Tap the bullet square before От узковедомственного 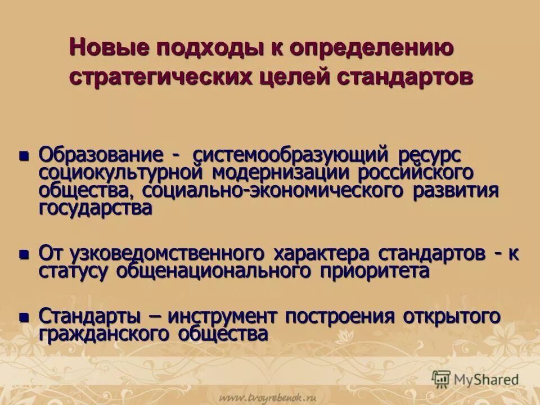(x=23, y=254)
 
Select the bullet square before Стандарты (x=23, y=317)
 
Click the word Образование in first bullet (x=102, y=154)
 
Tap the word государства (x=95, y=208)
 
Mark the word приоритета (x=375, y=271)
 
